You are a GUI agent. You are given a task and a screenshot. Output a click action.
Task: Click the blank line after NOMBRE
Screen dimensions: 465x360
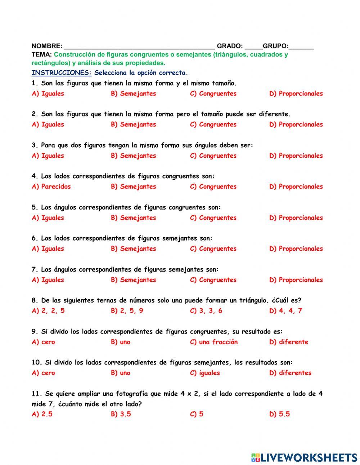[139, 46]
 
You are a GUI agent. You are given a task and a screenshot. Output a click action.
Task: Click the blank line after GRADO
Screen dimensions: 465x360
[253, 46]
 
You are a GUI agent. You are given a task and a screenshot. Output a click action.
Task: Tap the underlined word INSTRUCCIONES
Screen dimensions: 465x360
[62, 73]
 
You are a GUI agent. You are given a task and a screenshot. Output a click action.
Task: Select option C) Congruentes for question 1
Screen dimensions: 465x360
[213, 94]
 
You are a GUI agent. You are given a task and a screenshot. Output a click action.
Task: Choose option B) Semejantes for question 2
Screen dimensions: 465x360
[134, 125]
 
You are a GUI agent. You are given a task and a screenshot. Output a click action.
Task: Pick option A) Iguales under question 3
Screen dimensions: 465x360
[48, 156]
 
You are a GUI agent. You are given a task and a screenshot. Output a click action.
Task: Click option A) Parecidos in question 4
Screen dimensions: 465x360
[51, 187]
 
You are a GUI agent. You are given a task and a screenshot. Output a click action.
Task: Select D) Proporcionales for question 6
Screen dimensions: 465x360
[296, 249]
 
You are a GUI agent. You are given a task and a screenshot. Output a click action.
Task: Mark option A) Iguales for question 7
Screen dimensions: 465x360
[48, 280]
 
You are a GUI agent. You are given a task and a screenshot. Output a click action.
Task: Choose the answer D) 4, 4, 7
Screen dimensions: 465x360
[285, 311]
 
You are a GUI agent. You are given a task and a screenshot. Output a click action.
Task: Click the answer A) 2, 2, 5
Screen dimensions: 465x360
[48, 311]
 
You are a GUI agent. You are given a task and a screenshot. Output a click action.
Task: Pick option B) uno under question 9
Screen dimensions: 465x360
[121, 342]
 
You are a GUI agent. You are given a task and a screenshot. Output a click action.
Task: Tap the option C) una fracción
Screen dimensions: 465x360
[214, 342]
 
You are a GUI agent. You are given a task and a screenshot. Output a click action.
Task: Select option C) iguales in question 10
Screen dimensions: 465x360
[205, 373]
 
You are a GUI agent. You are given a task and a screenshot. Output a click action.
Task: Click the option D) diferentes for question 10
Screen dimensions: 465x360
[290, 373]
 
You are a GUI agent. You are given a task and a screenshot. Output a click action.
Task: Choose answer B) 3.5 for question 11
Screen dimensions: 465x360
[121, 414]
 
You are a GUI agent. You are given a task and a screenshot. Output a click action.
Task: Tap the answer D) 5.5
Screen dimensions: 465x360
[279, 414]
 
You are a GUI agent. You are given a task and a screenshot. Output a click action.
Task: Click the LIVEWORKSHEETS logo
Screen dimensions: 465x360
[304, 457]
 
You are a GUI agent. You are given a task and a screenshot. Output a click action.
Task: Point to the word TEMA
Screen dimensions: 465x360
[42, 55]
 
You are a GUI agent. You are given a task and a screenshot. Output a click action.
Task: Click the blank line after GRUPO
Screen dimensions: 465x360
[301, 46]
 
